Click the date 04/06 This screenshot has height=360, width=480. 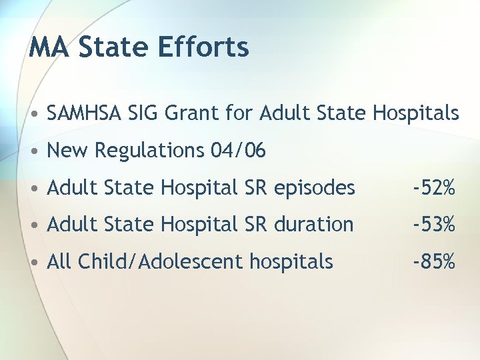pyautogui.click(x=238, y=151)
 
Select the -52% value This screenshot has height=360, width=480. pyautogui.click(x=434, y=189)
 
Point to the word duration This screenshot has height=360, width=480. pyautogui.click(x=310, y=225)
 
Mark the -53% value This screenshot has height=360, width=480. pyautogui.click(x=434, y=225)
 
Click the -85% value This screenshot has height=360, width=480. pyautogui.click(x=434, y=262)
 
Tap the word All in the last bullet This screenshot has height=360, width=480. pyautogui.click(x=59, y=262)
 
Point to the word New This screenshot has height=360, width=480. pyautogui.click(x=69, y=151)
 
